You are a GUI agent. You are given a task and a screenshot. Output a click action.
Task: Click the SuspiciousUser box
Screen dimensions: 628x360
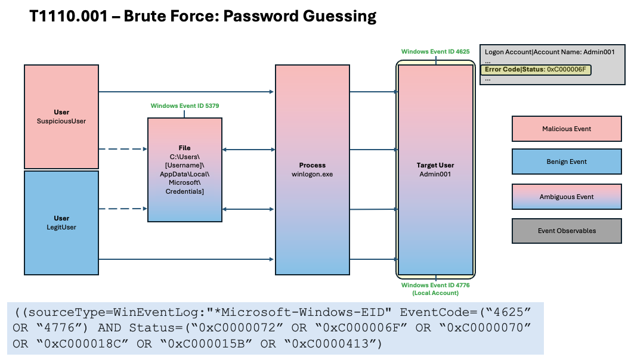61,117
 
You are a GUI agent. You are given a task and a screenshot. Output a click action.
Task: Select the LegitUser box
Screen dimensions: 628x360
61,223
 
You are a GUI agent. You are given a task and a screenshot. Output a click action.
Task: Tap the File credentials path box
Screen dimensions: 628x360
185,170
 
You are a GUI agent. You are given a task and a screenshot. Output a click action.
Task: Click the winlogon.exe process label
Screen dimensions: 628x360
313,170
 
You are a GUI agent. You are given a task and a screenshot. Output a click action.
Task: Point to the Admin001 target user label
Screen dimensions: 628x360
435,170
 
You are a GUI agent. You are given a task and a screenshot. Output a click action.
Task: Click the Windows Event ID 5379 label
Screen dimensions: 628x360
185,105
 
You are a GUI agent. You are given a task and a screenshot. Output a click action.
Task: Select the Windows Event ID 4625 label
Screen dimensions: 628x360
435,52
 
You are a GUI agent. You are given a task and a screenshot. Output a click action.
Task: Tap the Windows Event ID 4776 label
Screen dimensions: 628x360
435,288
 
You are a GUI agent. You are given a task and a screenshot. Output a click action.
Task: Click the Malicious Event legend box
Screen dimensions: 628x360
567,129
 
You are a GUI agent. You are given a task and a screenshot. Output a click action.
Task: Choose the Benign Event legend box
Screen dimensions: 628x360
567,162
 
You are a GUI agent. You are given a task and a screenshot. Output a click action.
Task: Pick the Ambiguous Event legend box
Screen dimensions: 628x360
567,197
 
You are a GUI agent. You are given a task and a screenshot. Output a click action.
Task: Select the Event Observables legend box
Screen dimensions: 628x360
567,231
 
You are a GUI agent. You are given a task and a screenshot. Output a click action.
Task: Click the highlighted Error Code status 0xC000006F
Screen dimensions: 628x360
536,70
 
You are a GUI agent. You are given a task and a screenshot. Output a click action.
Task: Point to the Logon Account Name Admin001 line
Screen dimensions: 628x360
549,52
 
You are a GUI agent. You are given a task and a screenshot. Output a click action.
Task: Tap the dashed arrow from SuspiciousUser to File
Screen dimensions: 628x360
123,149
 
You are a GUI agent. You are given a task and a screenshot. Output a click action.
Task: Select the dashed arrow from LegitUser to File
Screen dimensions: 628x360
123,209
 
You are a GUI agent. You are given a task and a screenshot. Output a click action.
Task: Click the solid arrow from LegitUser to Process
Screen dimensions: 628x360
186,259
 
